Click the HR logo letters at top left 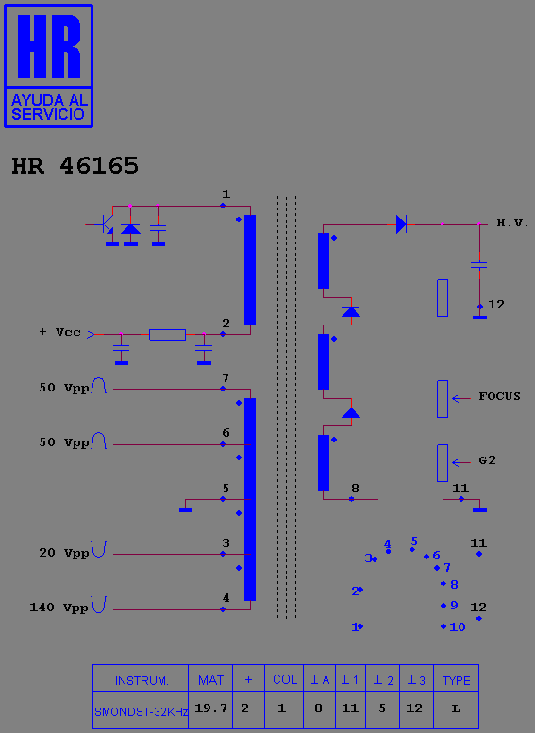(x=49, y=46)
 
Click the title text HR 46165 (x=75, y=165)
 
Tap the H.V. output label (x=512, y=223)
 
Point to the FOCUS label (x=499, y=396)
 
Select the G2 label (x=487, y=460)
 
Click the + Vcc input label (x=59, y=332)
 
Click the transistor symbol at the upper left (x=107, y=225)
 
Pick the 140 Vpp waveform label (x=59, y=608)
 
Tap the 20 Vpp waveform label (x=63, y=553)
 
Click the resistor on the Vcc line (x=167, y=335)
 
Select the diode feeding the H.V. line (x=401, y=225)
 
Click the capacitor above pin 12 (x=479, y=265)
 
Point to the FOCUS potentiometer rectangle (x=443, y=399)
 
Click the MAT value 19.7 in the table (x=211, y=708)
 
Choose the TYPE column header (x=456, y=681)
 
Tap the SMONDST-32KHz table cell (x=141, y=712)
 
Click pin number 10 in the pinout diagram (x=458, y=627)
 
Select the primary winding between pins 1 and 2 (x=250, y=270)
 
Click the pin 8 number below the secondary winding (x=355, y=489)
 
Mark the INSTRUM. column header (x=142, y=681)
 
